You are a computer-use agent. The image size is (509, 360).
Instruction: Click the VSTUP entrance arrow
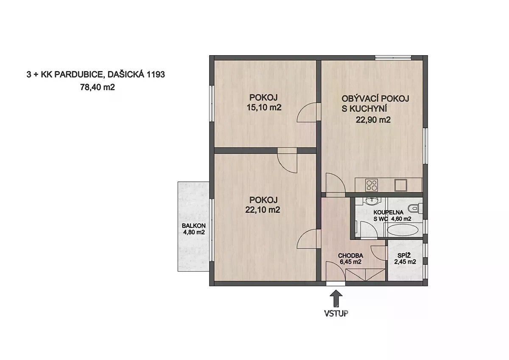click(336, 298)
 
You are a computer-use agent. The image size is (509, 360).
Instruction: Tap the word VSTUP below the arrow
click(336, 313)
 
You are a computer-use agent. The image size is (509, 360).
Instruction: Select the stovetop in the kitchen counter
click(372, 185)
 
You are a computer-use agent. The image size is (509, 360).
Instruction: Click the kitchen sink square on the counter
click(400, 185)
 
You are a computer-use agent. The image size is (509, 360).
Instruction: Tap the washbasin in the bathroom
click(372, 202)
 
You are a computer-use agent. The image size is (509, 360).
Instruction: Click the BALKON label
click(193, 225)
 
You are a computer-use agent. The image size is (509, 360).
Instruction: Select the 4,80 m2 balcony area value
click(194, 232)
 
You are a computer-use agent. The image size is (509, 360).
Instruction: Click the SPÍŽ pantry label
click(405, 255)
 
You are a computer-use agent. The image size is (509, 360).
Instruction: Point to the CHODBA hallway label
click(350, 256)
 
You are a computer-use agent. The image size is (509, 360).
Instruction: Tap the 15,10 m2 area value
click(264, 107)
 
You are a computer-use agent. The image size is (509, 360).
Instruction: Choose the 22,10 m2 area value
click(263, 210)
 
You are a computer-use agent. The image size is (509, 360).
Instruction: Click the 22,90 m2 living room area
click(373, 120)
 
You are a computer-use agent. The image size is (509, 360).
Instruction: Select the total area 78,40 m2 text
click(97, 87)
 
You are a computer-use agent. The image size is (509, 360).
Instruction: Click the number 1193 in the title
click(156, 75)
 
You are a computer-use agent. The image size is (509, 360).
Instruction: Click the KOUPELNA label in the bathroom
click(389, 212)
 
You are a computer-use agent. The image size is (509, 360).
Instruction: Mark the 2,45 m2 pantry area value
click(405, 262)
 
